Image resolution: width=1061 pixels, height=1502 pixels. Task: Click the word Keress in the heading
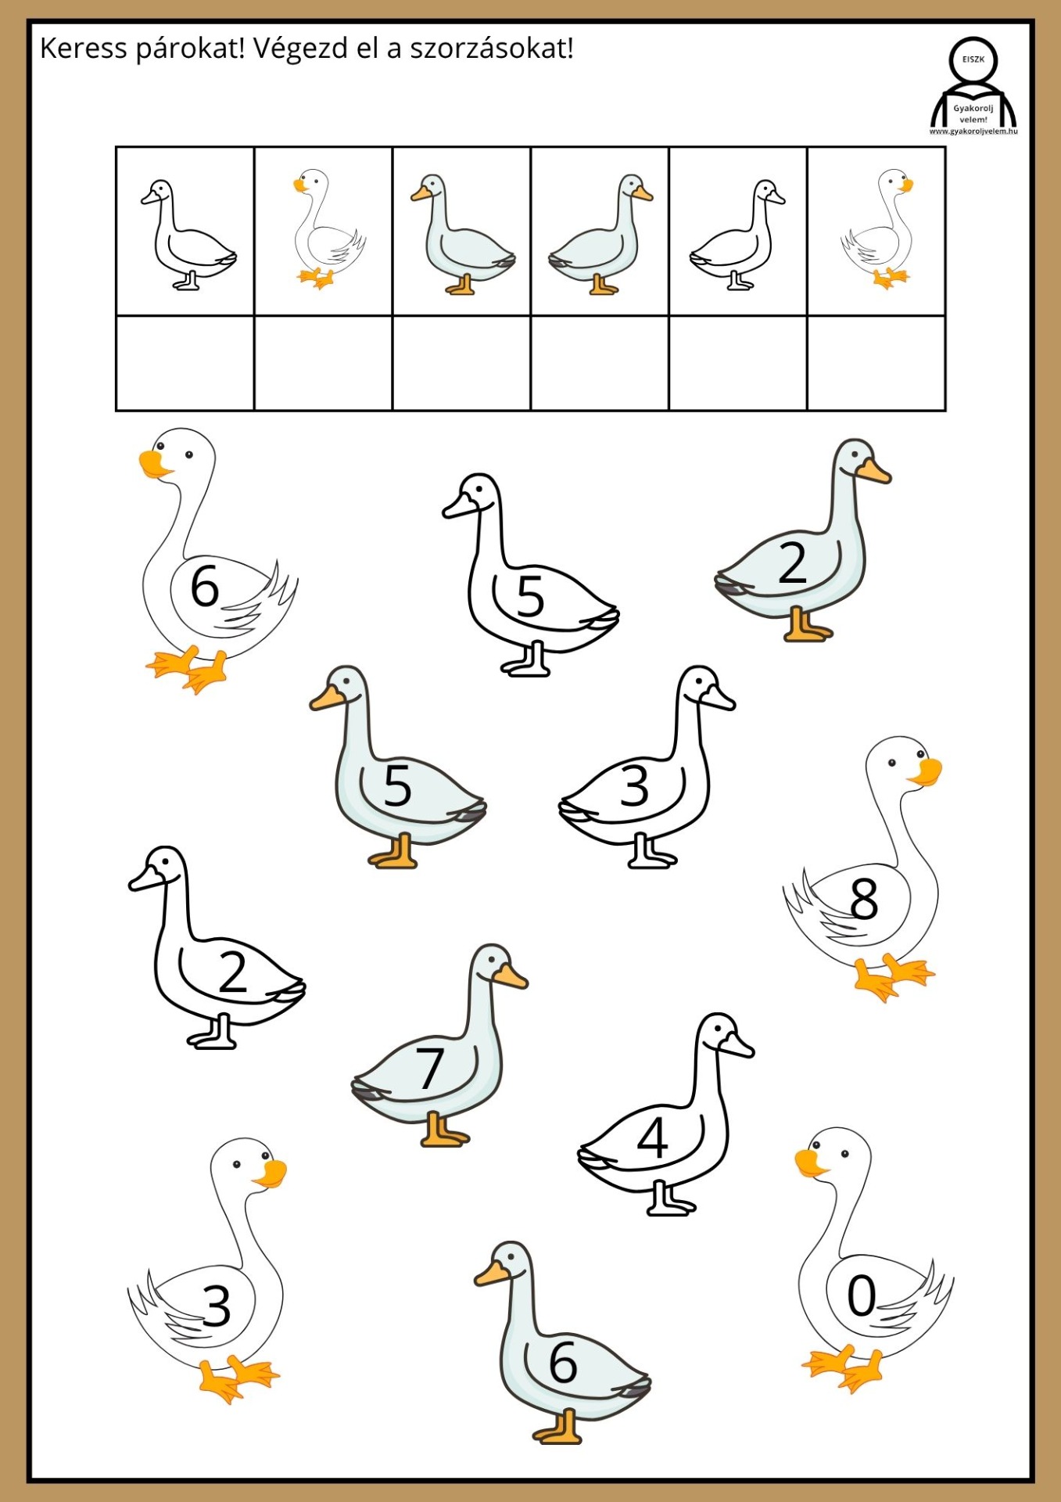[83, 49]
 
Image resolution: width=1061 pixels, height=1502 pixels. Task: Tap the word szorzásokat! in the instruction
[492, 49]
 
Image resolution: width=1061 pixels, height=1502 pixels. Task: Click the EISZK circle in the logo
[973, 59]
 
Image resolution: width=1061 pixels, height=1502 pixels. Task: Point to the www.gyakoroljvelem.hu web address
[973, 131]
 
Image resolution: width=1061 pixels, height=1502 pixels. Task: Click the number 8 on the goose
[864, 899]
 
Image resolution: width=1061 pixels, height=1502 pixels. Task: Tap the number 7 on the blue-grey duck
[430, 1069]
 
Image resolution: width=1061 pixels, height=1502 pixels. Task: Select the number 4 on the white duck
[652, 1137]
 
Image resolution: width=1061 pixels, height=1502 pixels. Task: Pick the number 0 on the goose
[862, 1295]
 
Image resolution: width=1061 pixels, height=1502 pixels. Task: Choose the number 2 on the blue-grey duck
[793, 563]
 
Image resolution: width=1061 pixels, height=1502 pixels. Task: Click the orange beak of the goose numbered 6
[154, 465]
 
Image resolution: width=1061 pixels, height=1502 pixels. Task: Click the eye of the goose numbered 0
[844, 1154]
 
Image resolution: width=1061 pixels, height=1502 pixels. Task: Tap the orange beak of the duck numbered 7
[510, 976]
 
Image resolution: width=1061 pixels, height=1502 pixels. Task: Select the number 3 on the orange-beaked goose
[217, 1306]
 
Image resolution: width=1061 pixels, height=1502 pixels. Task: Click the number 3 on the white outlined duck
[635, 787]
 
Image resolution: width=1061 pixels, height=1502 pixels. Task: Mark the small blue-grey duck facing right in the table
[600, 234]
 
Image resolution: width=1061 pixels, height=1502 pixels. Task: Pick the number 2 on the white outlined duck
[233, 972]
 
